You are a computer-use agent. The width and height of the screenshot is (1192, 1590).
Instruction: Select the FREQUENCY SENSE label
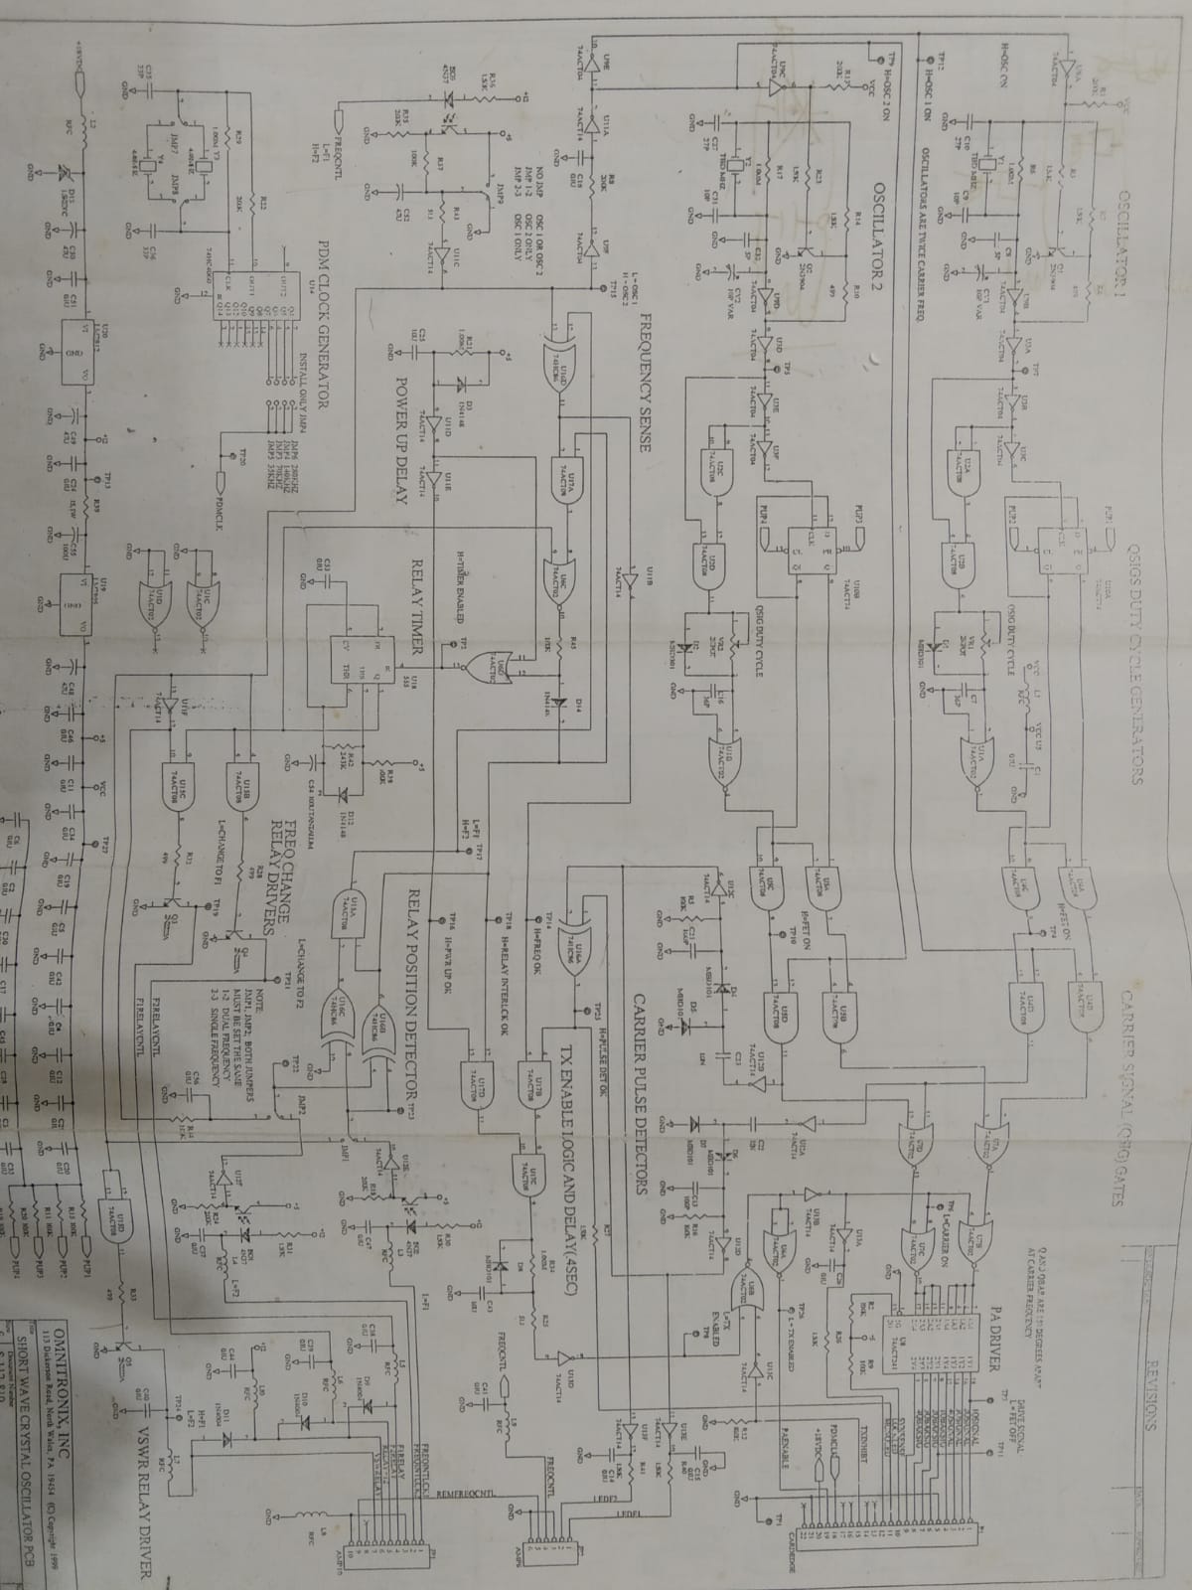click(x=644, y=383)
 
